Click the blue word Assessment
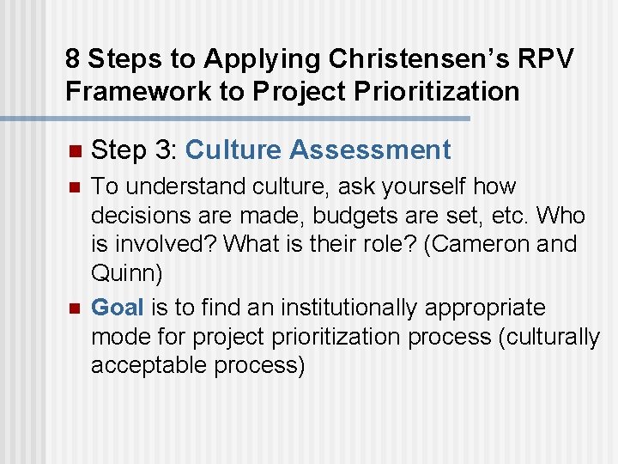pos(370,150)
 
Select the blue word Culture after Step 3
pos(233,150)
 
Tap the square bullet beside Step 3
pos(73,151)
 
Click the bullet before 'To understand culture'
pos(73,187)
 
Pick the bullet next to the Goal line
pos(73,308)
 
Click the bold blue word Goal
pos(118,307)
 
